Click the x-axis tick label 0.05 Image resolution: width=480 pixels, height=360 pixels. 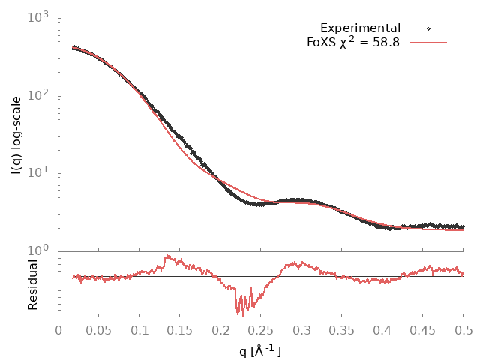click(99, 330)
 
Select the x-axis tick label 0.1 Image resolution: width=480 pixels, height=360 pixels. click(139, 330)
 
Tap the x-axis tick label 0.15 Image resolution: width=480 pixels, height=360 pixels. click(180, 330)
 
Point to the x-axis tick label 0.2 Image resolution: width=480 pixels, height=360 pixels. click(220, 330)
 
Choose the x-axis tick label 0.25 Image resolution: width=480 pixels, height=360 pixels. click(261, 330)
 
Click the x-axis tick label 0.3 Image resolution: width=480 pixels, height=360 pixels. click(301, 330)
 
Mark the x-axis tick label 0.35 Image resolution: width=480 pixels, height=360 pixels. click(342, 330)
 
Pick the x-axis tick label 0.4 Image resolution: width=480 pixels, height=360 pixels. click(382, 330)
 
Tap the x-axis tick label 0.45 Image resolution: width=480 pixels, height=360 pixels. click(423, 330)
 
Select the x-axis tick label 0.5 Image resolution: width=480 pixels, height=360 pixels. click(463, 330)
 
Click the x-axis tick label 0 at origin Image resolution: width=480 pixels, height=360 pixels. click(58, 330)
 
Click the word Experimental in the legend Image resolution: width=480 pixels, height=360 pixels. click(360, 28)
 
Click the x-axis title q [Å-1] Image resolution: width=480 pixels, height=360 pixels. click(260, 349)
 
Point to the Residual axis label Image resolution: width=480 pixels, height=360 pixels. click(33, 284)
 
